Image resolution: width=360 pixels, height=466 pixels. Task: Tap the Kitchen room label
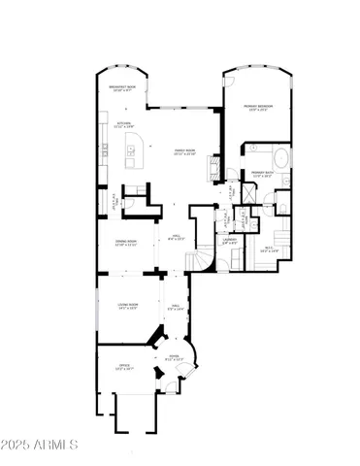(124, 124)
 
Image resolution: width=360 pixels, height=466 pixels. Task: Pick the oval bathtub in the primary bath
(279, 158)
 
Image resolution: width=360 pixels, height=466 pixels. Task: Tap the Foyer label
(174, 358)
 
